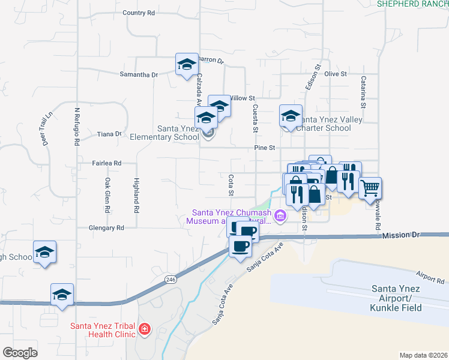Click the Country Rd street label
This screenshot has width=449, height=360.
[x=138, y=13]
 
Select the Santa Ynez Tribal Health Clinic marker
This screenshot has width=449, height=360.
[x=144, y=329]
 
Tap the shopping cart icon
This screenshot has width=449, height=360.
[x=370, y=188]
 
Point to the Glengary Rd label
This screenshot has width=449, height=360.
[x=106, y=228]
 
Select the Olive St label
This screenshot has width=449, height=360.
[x=336, y=74]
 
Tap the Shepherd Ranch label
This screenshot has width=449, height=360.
[x=412, y=4]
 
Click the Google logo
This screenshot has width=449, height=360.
[x=20, y=353]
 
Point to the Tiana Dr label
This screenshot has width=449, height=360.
[x=109, y=134]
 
